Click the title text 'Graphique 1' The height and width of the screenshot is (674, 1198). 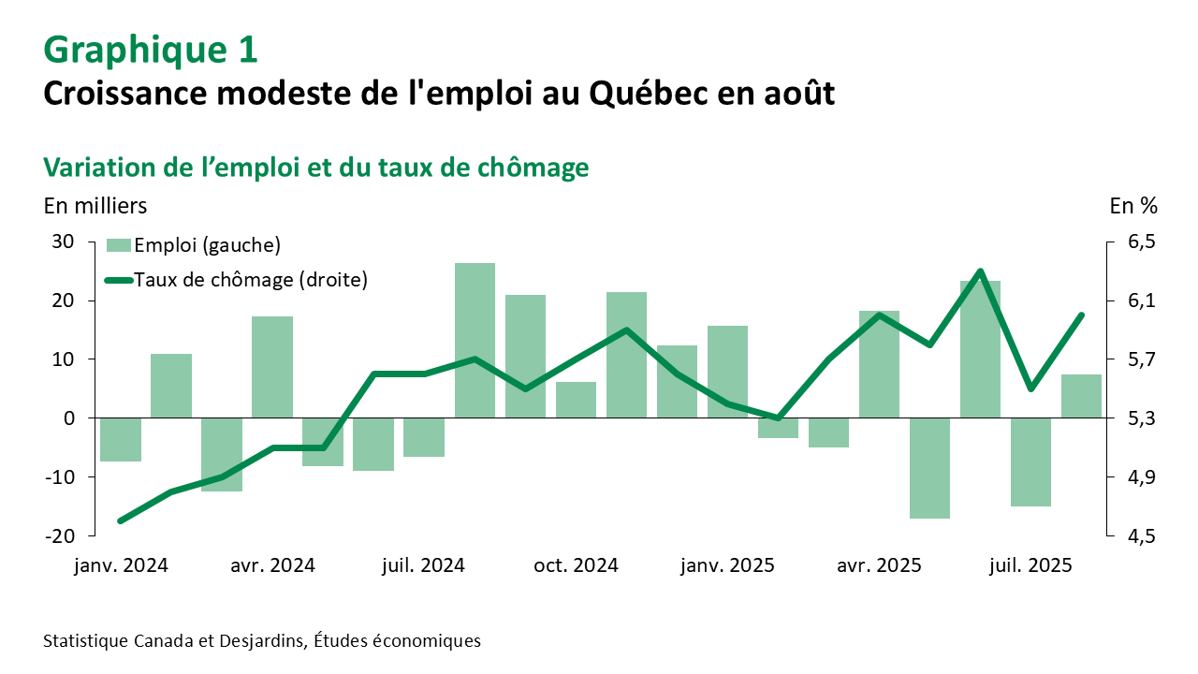(x=150, y=50)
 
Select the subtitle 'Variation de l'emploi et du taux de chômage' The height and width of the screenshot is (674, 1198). (x=315, y=167)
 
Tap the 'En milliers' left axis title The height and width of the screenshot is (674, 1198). (x=95, y=205)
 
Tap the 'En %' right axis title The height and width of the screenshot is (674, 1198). (x=1132, y=205)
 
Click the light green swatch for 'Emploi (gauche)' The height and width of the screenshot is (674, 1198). (x=118, y=245)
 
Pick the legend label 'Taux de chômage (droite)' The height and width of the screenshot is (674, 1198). (x=251, y=279)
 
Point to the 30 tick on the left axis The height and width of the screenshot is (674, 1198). (x=62, y=242)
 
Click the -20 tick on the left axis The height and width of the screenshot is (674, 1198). (x=58, y=535)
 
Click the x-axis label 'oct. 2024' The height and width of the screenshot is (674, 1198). (x=576, y=566)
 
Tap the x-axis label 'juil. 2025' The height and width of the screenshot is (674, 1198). (x=1030, y=566)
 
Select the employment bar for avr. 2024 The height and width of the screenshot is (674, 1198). (x=272, y=367)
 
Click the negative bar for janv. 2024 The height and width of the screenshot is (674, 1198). (x=121, y=439)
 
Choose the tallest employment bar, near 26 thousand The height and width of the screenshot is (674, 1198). (x=475, y=340)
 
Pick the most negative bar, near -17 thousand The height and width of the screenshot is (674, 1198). (x=929, y=468)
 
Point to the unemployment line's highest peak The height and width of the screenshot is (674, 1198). (x=980, y=271)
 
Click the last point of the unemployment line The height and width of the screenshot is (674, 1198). (x=1081, y=315)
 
